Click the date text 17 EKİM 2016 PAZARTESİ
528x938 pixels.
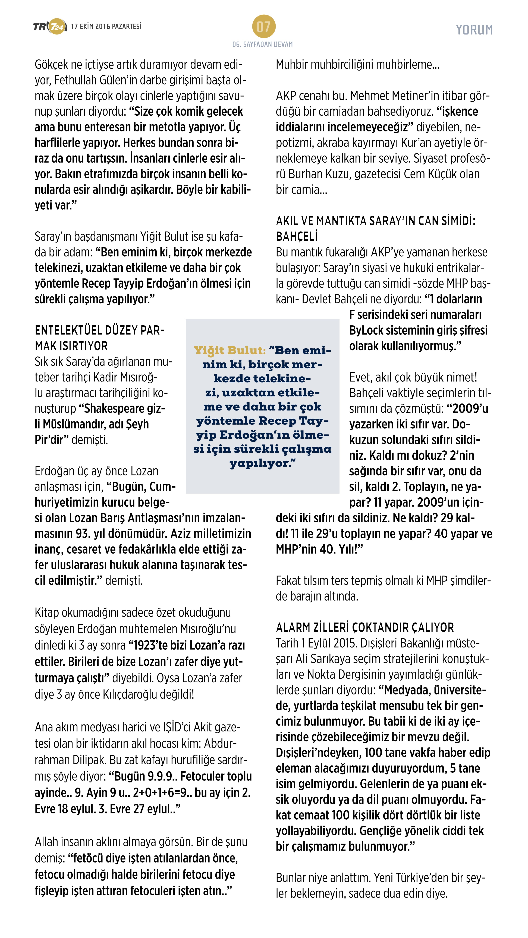106,26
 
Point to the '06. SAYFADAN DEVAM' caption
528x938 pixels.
263,44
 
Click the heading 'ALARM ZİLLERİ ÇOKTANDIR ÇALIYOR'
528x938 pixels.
365,627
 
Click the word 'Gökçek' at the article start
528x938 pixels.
51,64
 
